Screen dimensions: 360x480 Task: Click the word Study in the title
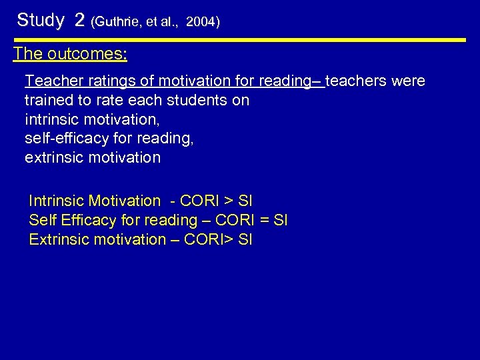[x=41, y=21]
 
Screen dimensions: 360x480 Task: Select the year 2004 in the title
[x=201, y=22]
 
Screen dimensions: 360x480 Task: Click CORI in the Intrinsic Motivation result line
[x=198, y=201]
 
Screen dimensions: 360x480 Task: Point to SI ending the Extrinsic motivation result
[x=245, y=239]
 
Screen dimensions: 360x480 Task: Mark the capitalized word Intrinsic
[x=56, y=201]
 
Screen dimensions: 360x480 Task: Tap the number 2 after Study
[x=80, y=21]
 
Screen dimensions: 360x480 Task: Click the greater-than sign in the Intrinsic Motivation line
[x=227, y=201]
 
